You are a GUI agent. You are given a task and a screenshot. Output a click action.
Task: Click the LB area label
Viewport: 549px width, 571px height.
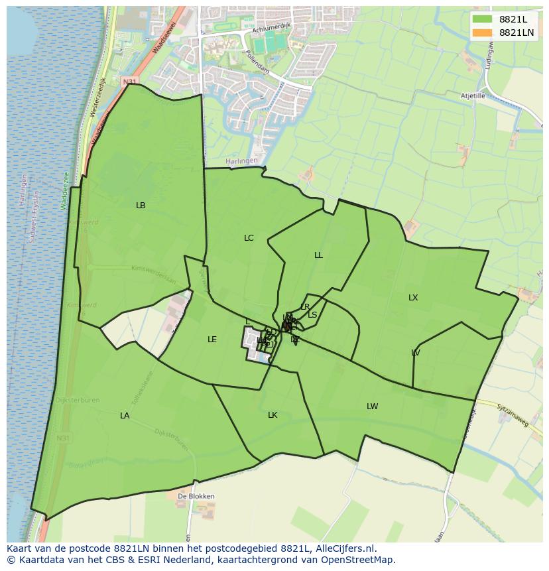[x=141, y=206]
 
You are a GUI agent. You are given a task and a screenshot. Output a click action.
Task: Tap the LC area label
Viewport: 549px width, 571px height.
[x=249, y=238]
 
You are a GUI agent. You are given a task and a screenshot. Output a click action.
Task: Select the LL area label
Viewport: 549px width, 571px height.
[x=319, y=255]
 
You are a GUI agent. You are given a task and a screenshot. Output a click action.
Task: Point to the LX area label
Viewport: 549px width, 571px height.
[x=413, y=298]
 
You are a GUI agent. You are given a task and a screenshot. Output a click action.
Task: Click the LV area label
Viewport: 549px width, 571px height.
[x=416, y=353]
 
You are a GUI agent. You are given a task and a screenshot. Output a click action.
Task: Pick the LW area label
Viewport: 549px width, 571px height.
[x=373, y=407]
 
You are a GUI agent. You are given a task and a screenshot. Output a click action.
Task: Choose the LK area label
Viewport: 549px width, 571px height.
[x=273, y=415]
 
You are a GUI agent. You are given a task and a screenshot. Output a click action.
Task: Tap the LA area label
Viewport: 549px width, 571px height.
[x=125, y=416]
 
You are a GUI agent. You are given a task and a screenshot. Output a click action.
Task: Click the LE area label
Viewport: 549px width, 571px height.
[x=212, y=340]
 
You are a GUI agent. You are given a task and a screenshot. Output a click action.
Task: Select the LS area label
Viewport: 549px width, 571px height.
[x=312, y=315]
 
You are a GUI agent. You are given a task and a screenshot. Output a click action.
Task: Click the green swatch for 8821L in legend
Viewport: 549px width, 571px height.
[x=483, y=19]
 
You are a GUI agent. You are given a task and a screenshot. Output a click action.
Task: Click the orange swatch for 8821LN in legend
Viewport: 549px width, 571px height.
[x=483, y=32]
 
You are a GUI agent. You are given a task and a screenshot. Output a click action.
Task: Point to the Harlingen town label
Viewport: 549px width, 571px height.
[x=240, y=162]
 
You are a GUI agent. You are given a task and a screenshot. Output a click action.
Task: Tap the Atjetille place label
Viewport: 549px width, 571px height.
[x=473, y=96]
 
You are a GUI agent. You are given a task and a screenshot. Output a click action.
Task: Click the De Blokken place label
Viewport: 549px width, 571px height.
[x=196, y=496]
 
